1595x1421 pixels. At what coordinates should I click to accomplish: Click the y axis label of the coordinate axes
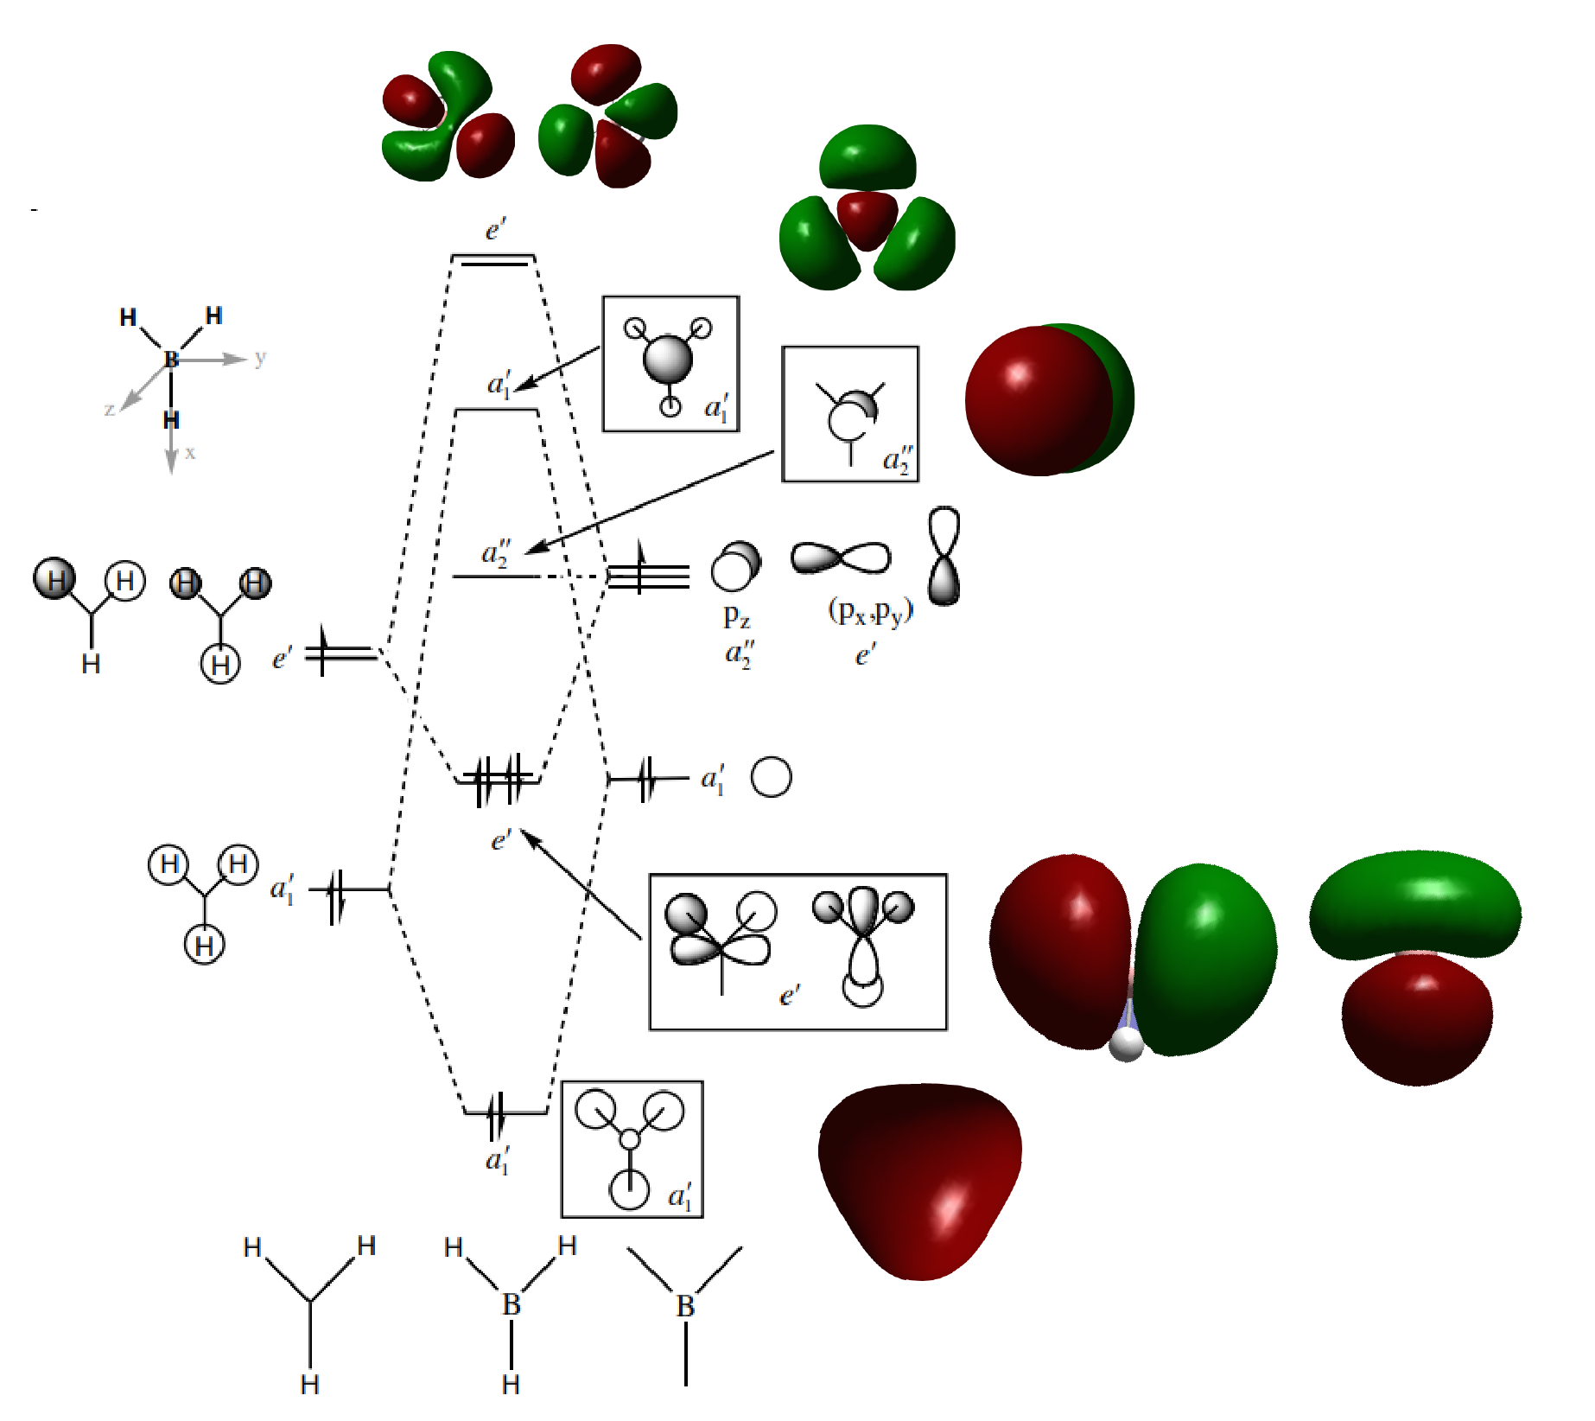pyautogui.click(x=260, y=358)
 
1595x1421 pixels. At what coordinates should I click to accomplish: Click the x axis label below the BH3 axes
pyautogui.click(x=190, y=452)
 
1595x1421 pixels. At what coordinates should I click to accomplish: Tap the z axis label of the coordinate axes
pyautogui.click(x=110, y=409)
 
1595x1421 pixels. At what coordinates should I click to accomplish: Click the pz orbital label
pyautogui.click(x=736, y=616)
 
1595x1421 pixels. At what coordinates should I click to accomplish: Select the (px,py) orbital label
pyautogui.click(x=870, y=612)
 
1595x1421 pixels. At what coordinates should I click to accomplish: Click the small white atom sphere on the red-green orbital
pyautogui.click(x=1126, y=1043)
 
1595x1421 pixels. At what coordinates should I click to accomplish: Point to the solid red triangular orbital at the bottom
pyautogui.click(x=920, y=1181)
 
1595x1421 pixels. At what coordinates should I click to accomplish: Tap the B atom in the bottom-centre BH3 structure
pyautogui.click(x=512, y=1304)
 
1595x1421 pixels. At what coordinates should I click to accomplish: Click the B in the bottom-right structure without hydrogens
pyautogui.click(x=685, y=1306)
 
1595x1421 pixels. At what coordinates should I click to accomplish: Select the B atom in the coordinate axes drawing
pyautogui.click(x=171, y=359)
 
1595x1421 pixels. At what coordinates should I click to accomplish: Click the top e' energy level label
pyautogui.click(x=495, y=230)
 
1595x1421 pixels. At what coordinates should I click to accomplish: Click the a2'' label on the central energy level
pyautogui.click(x=496, y=552)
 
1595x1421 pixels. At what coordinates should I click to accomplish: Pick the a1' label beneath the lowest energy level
pyautogui.click(x=498, y=1159)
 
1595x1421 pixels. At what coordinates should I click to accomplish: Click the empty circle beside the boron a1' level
pyautogui.click(x=771, y=777)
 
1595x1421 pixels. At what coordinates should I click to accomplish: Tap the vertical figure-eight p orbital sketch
pyautogui.click(x=944, y=556)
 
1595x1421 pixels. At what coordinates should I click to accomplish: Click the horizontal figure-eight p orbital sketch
pyautogui.click(x=841, y=558)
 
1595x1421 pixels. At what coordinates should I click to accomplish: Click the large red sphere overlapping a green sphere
pyautogui.click(x=1039, y=400)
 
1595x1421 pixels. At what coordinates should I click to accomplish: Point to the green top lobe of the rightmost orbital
pyautogui.click(x=1415, y=904)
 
